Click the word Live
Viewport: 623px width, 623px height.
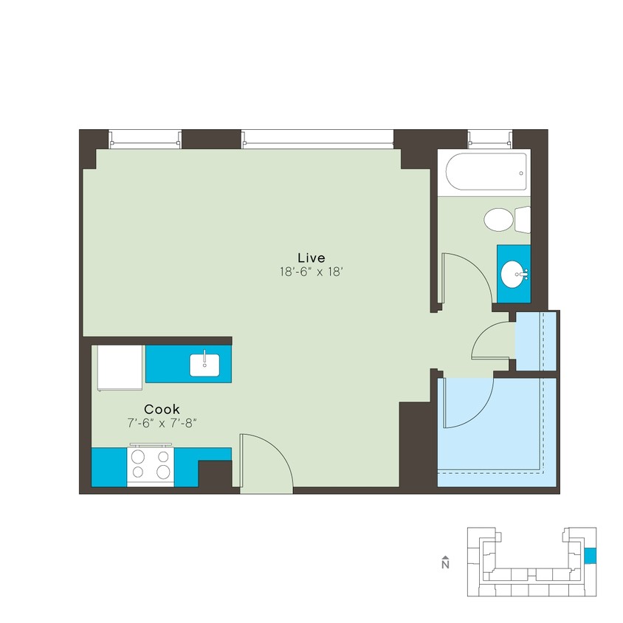[311, 257]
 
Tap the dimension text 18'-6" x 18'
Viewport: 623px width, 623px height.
[311, 271]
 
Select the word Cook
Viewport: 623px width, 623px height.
[162, 409]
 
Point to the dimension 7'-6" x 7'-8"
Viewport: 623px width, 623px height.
[162, 423]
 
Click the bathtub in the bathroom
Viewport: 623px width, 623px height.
[483, 173]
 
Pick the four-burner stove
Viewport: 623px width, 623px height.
[151, 466]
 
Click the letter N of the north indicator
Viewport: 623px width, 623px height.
[444, 565]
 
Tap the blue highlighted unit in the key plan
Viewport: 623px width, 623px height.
[589, 556]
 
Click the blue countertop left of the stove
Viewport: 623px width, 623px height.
[109, 467]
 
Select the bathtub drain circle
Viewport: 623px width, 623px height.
[521, 174]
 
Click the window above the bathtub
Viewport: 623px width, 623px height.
[489, 138]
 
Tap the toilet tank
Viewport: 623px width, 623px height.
[523, 219]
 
